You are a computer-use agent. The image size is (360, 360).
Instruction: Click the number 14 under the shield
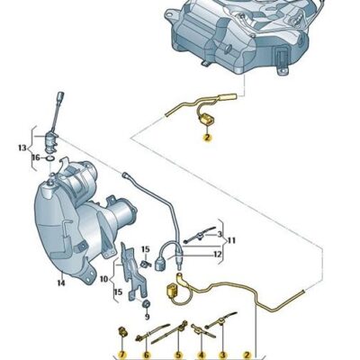tap(60, 283)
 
